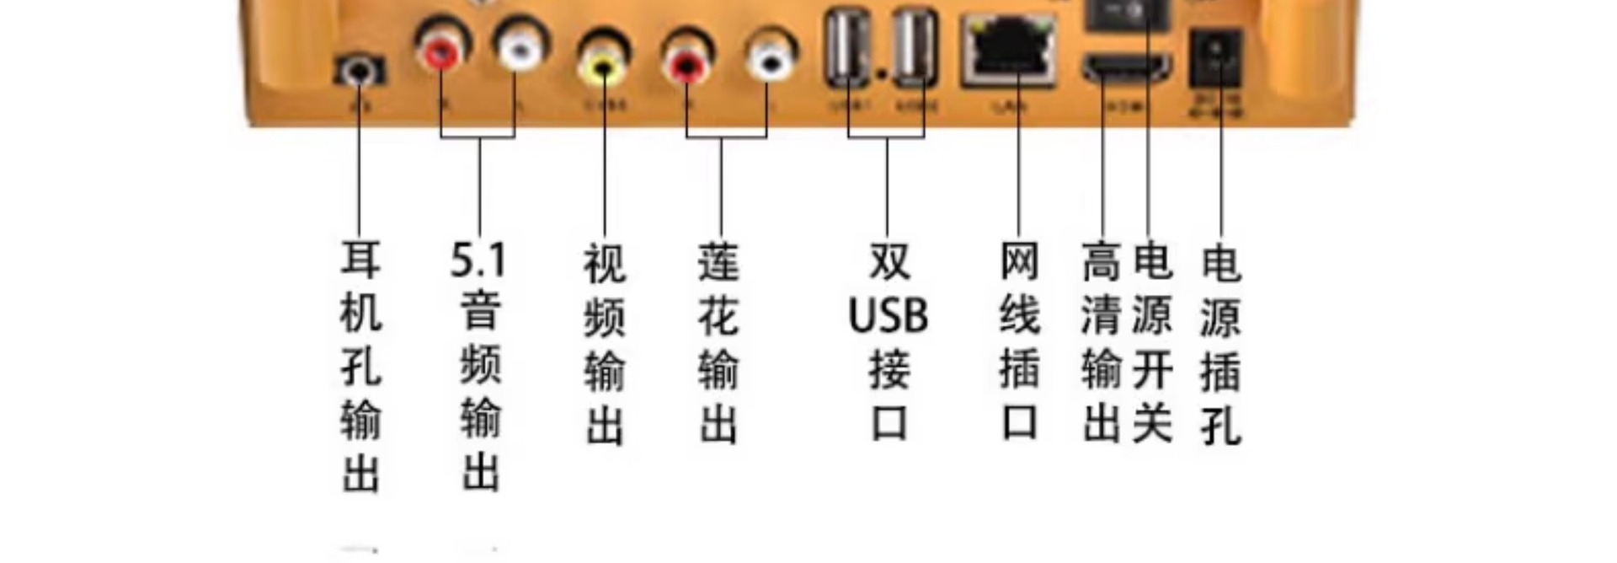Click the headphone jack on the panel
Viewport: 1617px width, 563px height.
360,70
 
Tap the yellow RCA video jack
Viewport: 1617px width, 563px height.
603,62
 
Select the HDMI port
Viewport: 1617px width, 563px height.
1127,66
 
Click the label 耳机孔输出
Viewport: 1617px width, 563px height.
360,366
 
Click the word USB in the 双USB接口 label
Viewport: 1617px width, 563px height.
888,315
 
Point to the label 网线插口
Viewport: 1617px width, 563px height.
1019,341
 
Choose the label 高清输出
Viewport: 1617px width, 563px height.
1102,341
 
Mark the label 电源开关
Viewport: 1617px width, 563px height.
1152,341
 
